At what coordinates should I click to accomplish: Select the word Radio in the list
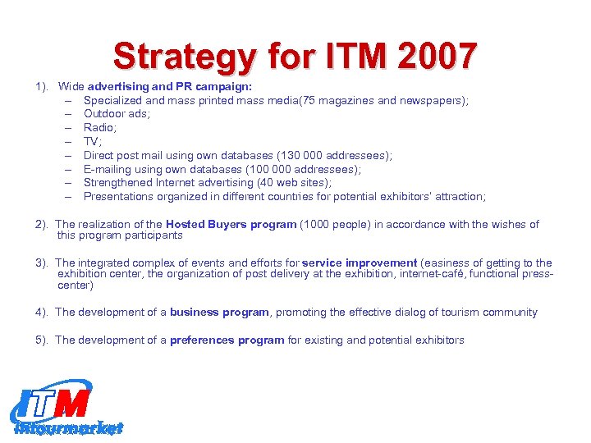point(100,127)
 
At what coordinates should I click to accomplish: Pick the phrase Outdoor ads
point(112,114)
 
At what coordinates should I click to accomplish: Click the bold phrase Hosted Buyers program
point(231,224)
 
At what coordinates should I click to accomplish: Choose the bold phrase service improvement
point(359,263)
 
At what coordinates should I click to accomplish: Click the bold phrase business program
point(219,312)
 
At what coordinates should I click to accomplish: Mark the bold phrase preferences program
point(227,340)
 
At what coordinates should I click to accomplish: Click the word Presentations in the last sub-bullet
point(119,196)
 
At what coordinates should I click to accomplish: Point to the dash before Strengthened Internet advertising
point(67,182)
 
